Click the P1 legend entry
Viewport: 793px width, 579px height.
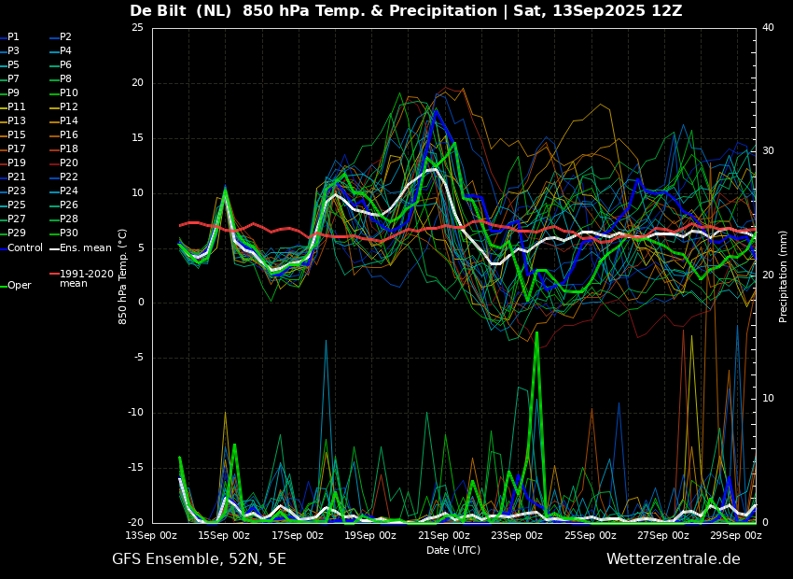click(x=10, y=37)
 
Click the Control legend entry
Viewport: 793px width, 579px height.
click(x=21, y=248)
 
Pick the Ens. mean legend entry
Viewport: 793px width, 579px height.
click(x=81, y=248)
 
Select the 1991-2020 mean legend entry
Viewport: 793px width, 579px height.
click(x=82, y=278)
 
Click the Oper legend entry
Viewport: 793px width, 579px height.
click(x=16, y=286)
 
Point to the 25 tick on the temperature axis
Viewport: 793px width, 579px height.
click(x=137, y=27)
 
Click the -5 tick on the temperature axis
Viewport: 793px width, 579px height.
click(x=139, y=358)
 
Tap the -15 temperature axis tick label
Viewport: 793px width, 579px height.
click(x=135, y=468)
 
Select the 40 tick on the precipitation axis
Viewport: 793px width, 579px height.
click(x=768, y=27)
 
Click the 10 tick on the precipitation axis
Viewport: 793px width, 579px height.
click(x=768, y=399)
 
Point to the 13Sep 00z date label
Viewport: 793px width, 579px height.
click(x=152, y=535)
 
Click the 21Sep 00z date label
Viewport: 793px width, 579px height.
click(x=444, y=535)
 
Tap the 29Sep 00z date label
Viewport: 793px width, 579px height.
click(x=736, y=535)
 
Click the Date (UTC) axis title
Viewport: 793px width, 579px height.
click(x=453, y=550)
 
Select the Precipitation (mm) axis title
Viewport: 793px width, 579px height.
click(x=784, y=275)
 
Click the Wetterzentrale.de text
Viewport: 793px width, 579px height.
click(x=674, y=559)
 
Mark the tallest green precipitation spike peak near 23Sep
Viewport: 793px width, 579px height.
click(x=536, y=332)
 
